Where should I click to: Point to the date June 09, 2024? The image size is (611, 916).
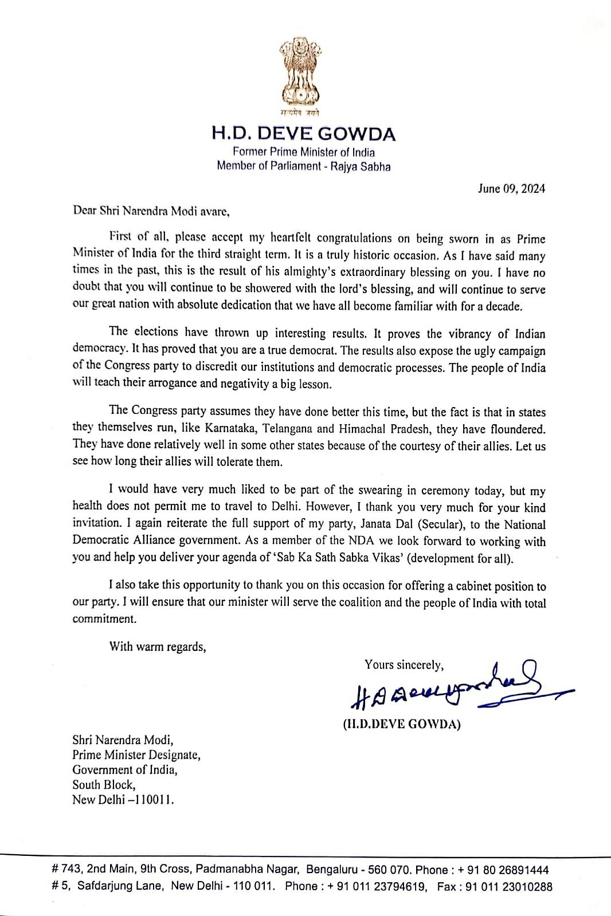[511, 188]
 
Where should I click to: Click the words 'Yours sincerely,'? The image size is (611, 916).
[404, 665]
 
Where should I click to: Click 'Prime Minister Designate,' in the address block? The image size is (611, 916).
[136, 755]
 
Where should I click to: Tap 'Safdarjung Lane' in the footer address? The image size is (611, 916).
[122, 887]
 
